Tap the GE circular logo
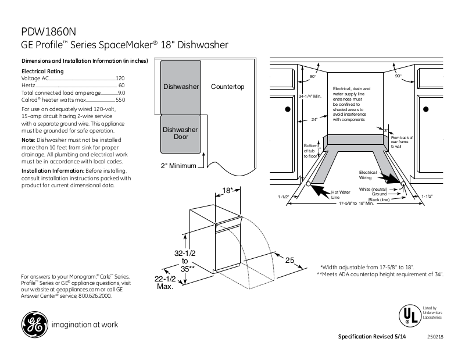pyautogui.click(x=34, y=325)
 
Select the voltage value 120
pyautogui.click(x=120, y=78)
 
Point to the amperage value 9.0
pyautogui.click(x=121, y=93)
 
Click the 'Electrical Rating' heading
pyautogui.click(x=41, y=71)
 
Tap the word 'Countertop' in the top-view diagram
pyautogui.click(x=227, y=87)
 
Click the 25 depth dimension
pyautogui.click(x=290, y=260)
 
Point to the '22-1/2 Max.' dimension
pyautogui.click(x=167, y=283)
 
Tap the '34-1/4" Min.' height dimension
pyautogui.click(x=310, y=96)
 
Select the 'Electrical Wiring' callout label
pyautogui.click(x=368, y=174)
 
